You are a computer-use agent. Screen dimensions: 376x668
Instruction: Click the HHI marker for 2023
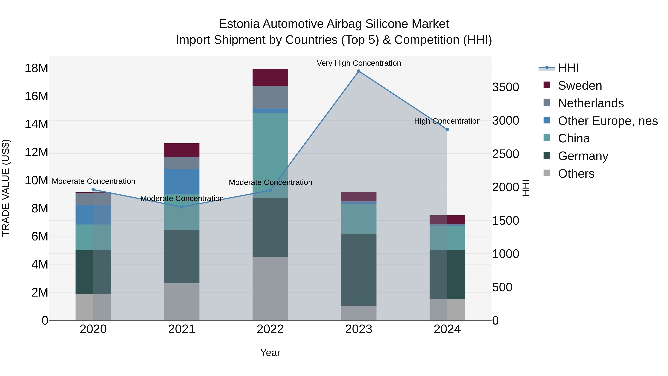[359, 71]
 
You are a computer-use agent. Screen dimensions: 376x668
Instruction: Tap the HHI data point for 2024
[447, 129]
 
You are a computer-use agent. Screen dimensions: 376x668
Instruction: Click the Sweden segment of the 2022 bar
[270, 77]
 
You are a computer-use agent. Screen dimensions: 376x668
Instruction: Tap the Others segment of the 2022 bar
[270, 288]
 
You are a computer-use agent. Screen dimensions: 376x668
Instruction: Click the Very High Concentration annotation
[359, 63]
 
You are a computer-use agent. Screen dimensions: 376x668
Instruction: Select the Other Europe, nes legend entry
[607, 121]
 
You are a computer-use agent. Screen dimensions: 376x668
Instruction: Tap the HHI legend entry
[568, 68]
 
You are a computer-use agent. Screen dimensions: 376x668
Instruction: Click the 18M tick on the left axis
[36, 68]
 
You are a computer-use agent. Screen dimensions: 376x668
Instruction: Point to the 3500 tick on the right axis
[505, 87]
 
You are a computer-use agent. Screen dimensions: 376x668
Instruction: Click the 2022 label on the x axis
[270, 329]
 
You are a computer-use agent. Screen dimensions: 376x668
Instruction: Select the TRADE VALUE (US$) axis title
[6, 188]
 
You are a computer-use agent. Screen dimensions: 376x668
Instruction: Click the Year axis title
[270, 353]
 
